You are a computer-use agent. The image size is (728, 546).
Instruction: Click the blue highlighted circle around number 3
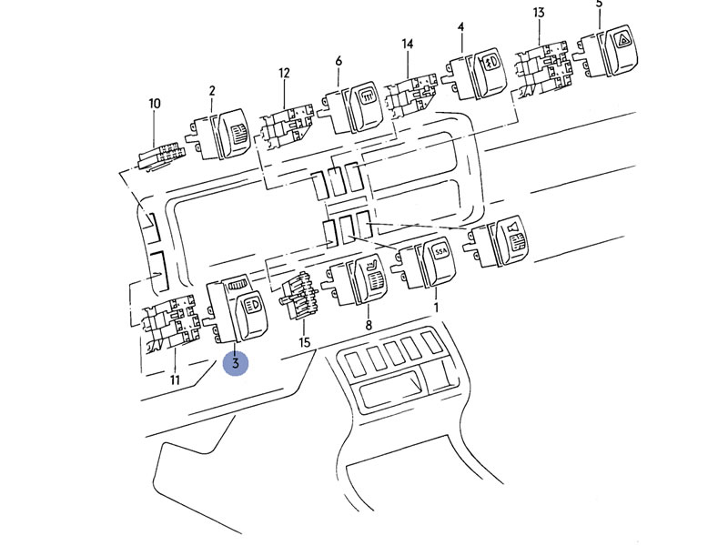(236, 362)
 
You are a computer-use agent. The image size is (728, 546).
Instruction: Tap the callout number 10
(154, 103)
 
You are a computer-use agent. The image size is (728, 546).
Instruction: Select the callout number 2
(212, 90)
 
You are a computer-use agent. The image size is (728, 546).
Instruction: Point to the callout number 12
(284, 73)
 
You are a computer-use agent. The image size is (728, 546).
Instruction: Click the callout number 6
(339, 61)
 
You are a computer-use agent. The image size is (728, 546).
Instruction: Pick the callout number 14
(407, 44)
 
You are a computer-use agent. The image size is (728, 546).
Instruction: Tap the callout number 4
(460, 27)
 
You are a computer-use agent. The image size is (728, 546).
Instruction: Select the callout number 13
(539, 13)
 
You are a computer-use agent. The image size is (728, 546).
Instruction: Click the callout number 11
(175, 380)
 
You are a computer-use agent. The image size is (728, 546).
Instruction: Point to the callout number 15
(304, 343)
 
